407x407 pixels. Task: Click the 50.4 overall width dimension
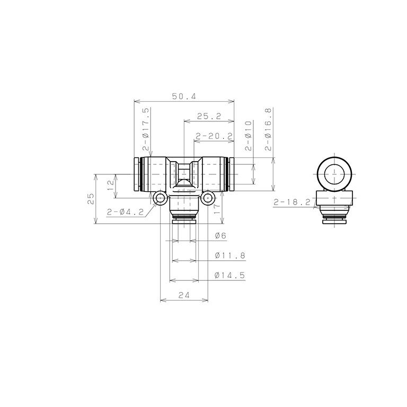click(x=184, y=96)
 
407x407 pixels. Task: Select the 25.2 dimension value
click(x=209, y=116)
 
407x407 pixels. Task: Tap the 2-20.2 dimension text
click(x=214, y=136)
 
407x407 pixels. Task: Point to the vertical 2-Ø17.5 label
click(x=146, y=129)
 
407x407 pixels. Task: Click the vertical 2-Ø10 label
click(x=249, y=136)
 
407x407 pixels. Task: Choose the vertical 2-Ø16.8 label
click(x=268, y=129)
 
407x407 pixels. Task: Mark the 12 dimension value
click(x=111, y=185)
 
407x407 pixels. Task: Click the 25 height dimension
click(x=91, y=199)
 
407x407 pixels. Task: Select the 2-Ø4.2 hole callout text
click(x=125, y=212)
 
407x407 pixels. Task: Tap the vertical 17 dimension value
click(x=217, y=208)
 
